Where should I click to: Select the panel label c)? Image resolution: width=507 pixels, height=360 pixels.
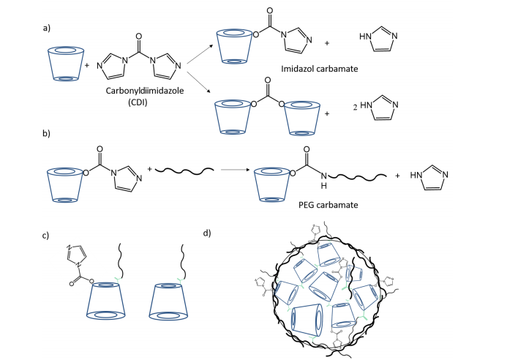46,236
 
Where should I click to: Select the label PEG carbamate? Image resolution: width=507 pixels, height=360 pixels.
329,206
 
